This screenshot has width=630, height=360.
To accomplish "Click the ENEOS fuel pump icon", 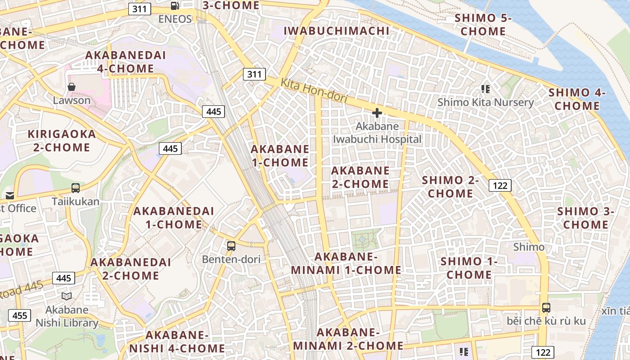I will point(175,6).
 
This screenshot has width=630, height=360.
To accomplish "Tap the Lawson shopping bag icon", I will point(71,87).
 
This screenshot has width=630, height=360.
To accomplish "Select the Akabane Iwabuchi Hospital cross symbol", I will point(377,113).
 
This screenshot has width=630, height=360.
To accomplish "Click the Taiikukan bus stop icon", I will point(76,188).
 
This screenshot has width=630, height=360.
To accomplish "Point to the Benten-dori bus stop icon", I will point(231,246).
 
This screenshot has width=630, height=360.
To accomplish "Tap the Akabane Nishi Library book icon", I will point(67,296).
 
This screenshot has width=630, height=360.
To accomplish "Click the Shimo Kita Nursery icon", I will point(485,89).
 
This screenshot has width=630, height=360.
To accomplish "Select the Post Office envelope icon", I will point(10,195).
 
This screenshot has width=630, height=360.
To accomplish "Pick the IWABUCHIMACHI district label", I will point(337,31).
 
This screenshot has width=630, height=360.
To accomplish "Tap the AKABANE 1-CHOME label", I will point(280,156).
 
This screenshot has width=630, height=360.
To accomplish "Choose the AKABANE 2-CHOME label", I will point(360,177).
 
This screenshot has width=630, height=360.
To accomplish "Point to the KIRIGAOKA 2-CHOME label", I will point(62,140).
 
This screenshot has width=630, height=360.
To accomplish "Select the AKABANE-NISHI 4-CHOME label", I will point(177,342).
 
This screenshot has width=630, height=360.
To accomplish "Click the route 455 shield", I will point(20,315).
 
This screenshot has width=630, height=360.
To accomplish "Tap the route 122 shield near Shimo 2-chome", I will point(500,185).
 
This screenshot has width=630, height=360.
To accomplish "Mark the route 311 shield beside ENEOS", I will point(139,9).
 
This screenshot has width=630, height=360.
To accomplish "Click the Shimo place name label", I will point(529,247).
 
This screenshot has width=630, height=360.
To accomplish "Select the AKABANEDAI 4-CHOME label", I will point(126,62).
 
